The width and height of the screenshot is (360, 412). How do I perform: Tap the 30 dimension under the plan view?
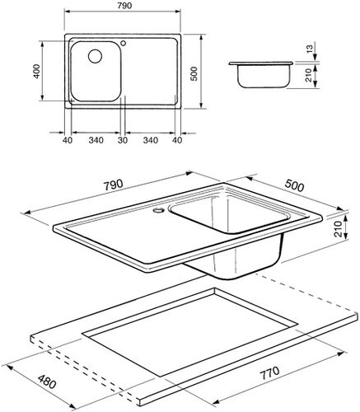(x=124, y=140)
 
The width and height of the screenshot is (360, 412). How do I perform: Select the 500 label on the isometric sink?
(x=293, y=187)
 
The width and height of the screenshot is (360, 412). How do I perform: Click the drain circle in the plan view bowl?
(x=91, y=57)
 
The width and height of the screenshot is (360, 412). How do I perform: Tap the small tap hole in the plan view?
(x=123, y=44)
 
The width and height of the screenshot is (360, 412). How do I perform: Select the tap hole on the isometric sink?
(x=156, y=209)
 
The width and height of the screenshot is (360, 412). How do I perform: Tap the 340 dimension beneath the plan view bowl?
(x=96, y=140)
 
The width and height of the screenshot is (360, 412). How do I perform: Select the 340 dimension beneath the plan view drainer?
(x=151, y=140)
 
